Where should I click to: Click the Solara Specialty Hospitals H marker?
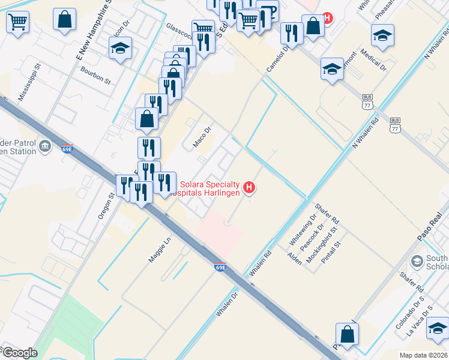(249, 188)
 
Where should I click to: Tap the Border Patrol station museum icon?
(45, 146)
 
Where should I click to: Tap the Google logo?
(19, 352)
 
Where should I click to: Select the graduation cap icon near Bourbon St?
(121, 49)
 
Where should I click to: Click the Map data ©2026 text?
(424, 355)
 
